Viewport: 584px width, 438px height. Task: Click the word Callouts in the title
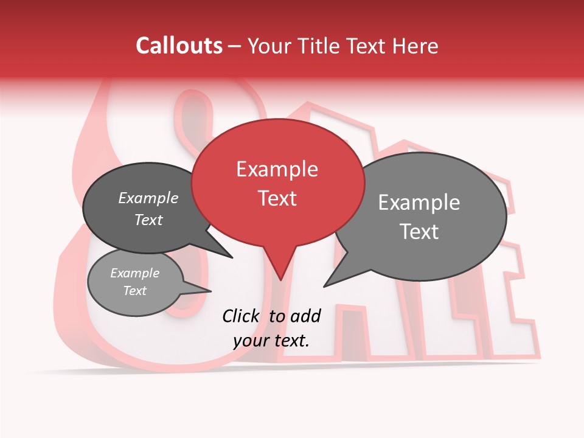click(179, 46)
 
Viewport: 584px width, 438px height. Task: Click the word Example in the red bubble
click(277, 169)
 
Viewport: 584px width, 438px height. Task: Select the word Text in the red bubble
click(277, 198)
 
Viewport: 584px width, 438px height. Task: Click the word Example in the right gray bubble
click(419, 203)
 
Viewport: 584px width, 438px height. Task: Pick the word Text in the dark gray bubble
click(148, 220)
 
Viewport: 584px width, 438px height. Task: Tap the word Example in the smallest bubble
click(134, 273)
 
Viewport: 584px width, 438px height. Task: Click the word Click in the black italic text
click(240, 316)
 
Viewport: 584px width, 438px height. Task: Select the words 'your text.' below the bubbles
click(271, 341)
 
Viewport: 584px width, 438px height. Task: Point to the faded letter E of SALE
click(511, 286)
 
